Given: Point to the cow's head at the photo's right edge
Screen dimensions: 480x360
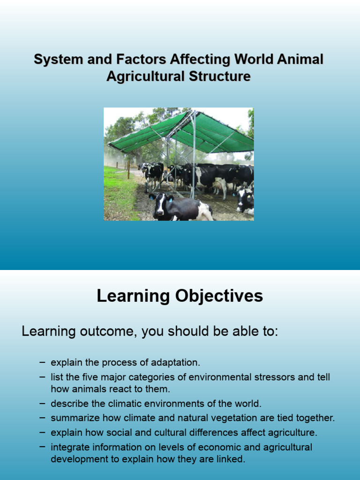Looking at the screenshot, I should (x=245, y=200).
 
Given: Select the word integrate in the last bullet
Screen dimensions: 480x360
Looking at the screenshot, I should (x=68, y=447).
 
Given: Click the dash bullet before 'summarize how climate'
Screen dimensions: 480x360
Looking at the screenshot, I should (x=43, y=417).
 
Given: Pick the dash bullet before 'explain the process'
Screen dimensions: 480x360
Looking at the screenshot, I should (x=43, y=362).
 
